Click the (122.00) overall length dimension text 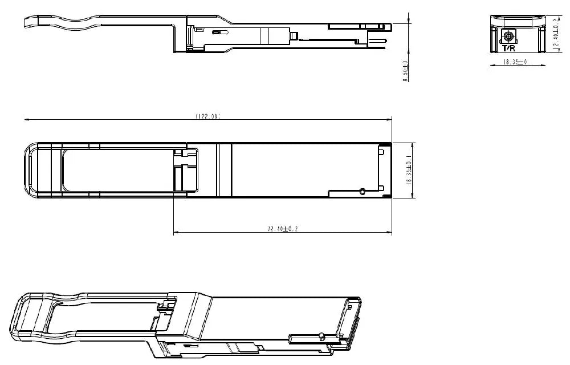point(208,116)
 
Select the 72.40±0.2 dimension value point(283,229)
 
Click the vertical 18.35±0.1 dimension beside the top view point(408,170)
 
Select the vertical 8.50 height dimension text point(406,71)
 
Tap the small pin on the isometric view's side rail point(322,334)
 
